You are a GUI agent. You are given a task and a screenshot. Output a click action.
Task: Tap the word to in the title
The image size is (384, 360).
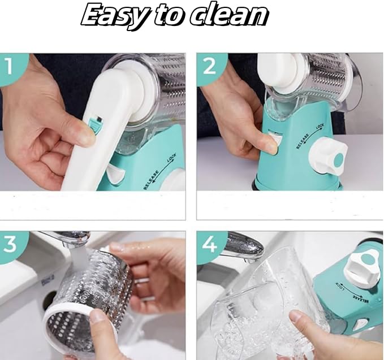click(169, 15)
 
